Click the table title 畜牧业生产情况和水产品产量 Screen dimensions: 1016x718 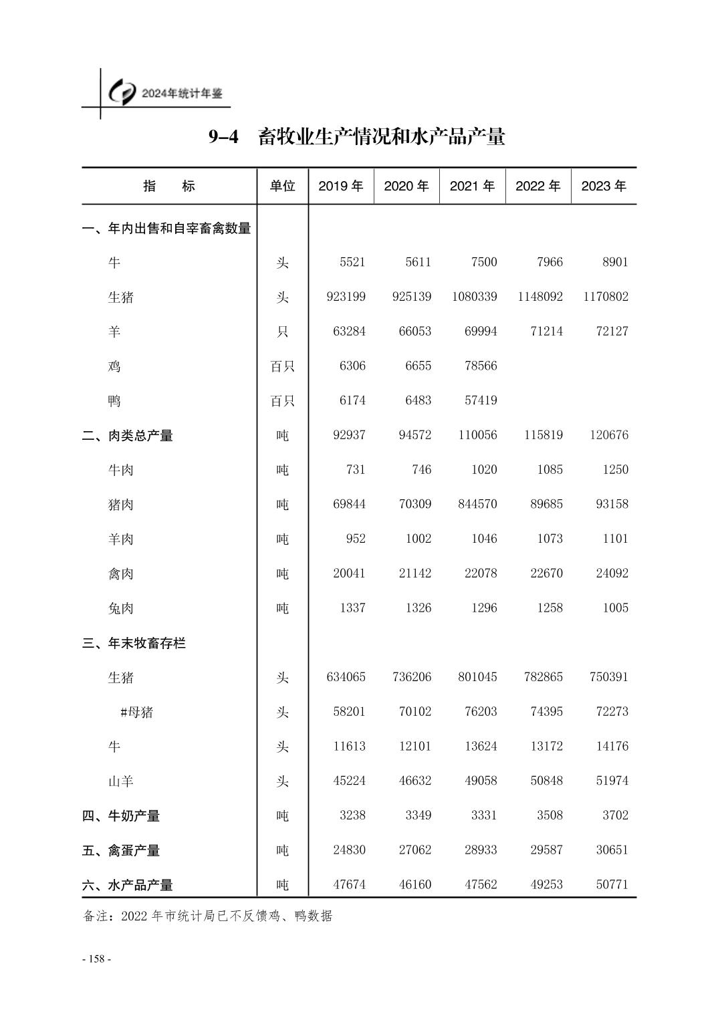coord(381,137)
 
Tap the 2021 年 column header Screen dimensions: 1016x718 coord(472,186)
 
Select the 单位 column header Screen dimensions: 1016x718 coord(282,186)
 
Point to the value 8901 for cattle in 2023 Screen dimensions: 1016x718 coord(615,262)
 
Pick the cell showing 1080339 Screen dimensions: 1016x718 coord(475,297)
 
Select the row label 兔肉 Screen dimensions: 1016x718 coord(121,608)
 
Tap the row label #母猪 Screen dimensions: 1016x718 coord(136,712)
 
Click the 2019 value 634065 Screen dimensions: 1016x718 coord(346,677)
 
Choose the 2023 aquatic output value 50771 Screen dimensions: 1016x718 coord(612,885)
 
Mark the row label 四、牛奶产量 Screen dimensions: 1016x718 coord(121,816)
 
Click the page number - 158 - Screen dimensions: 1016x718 coord(96,959)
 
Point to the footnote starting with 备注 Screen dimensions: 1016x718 coord(207,916)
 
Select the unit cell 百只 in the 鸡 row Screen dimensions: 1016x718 coord(282,366)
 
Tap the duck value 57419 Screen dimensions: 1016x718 coord(481,400)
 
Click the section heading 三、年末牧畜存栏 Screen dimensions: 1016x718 coord(134,643)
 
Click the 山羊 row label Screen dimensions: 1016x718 coord(121,781)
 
